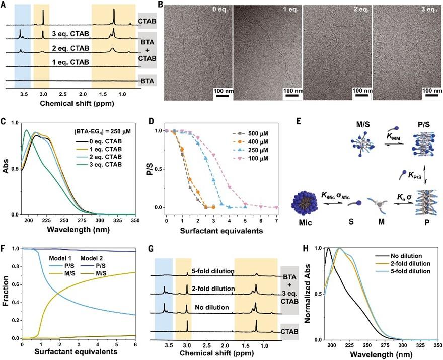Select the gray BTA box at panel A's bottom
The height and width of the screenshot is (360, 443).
click(147, 80)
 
